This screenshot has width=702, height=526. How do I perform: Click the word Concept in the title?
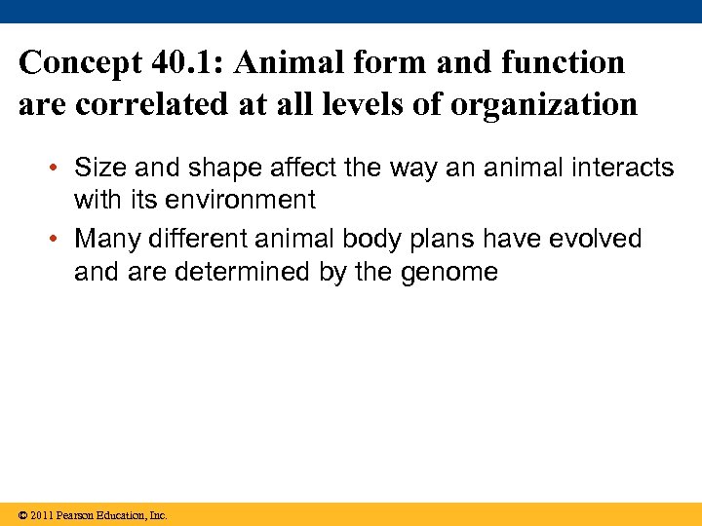tap(81, 63)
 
